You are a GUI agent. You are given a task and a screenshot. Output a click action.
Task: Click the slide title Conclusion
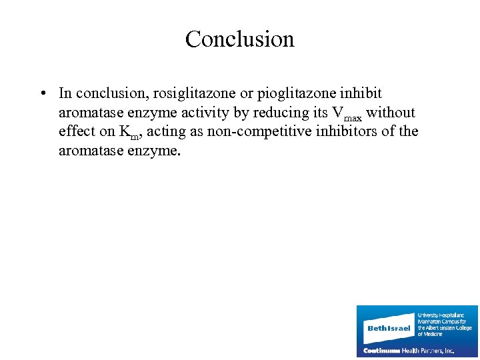tap(239, 39)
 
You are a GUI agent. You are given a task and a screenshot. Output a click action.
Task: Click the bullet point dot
tap(41, 94)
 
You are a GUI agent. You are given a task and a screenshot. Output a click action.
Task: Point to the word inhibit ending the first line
tap(361, 93)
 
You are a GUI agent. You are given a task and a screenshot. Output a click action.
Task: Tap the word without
tap(391, 112)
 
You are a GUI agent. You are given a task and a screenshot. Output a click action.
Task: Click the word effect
tap(77, 131)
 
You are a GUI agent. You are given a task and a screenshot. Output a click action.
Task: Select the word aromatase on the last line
tap(90, 151)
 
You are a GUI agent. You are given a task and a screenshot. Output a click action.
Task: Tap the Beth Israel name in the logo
tap(389, 328)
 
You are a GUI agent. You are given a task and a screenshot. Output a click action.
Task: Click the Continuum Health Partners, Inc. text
tap(408, 350)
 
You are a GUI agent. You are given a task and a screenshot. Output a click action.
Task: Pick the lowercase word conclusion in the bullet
tap(107, 93)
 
